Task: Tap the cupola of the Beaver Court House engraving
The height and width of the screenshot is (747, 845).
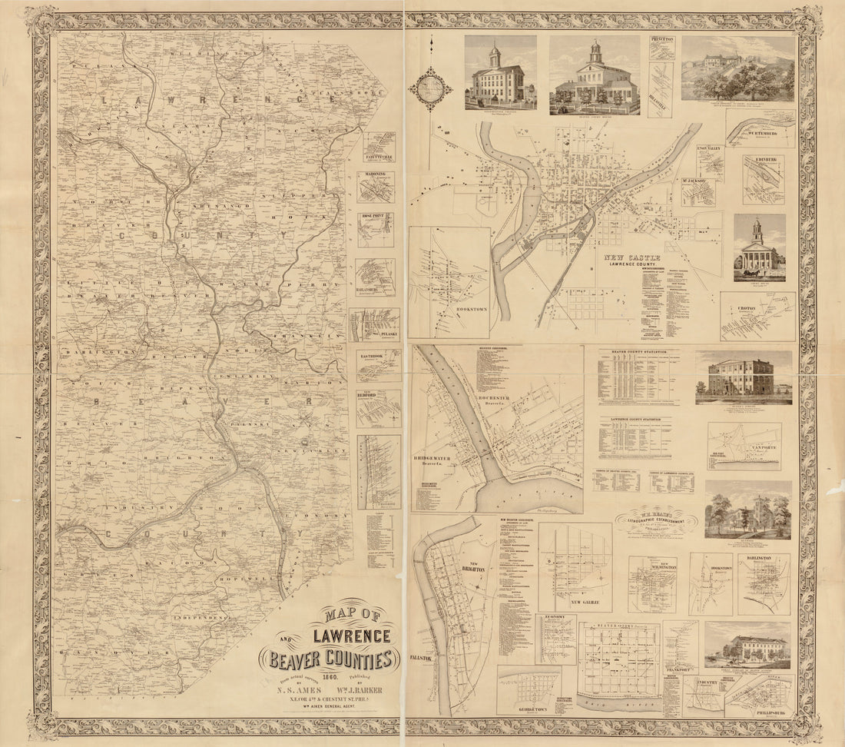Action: [595, 52]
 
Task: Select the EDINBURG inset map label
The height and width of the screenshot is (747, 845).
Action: [764, 161]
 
